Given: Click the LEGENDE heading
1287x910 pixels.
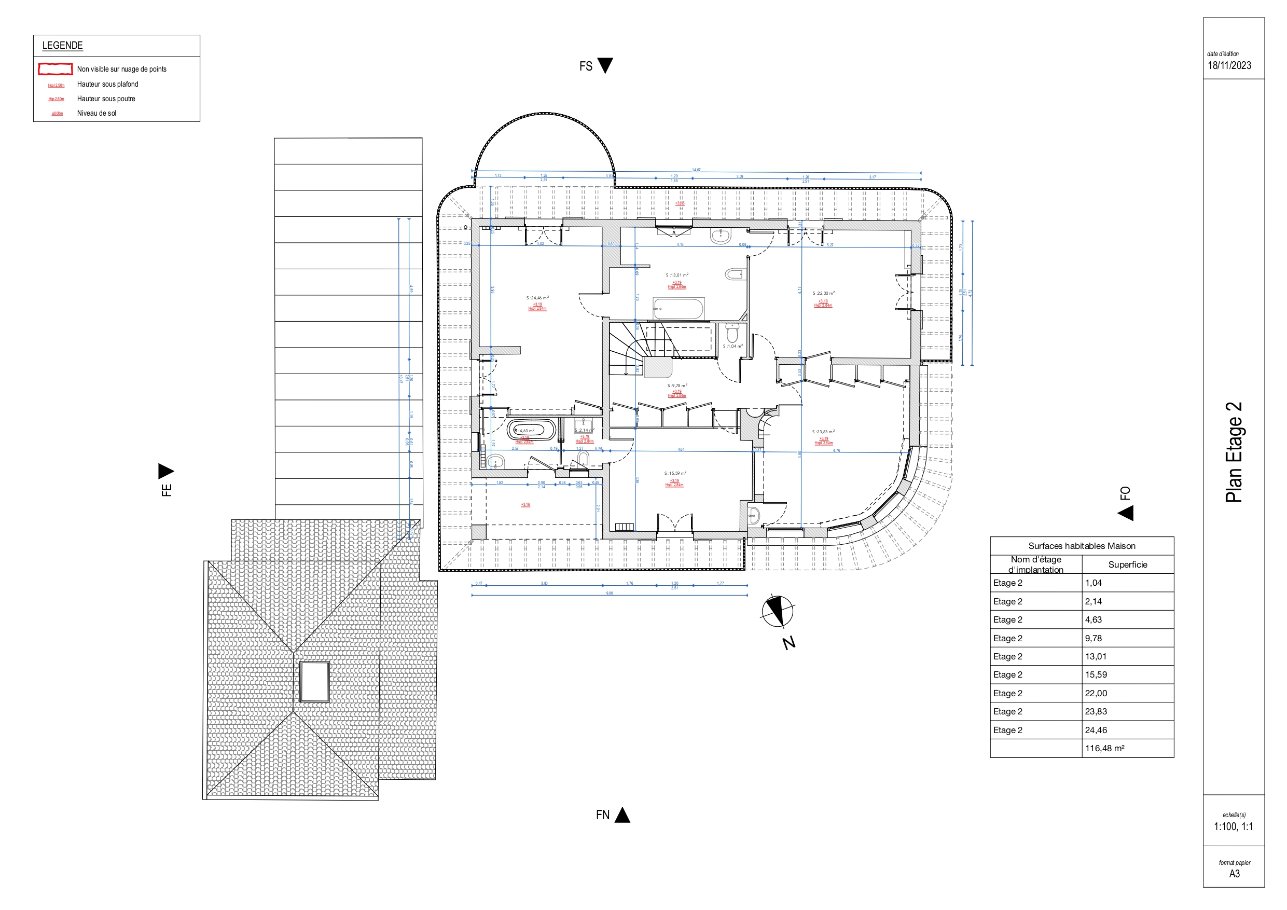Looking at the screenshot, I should click(x=62, y=46).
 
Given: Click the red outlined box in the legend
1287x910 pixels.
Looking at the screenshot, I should click(x=55, y=69).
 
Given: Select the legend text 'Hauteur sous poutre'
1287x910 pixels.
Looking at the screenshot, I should click(x=106, y=99).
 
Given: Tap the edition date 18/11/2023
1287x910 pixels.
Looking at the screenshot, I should click(x=1229, y=65).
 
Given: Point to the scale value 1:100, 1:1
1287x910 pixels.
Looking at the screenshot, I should click(x=1233, y=826).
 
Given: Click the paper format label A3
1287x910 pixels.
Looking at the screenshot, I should click(x=1234, y=874).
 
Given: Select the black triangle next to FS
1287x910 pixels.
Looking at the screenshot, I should click(x=605, y=65).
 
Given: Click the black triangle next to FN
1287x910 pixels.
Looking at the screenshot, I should click(x=622, y=815).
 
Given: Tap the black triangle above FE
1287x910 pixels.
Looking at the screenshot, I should click(x=166, y=471).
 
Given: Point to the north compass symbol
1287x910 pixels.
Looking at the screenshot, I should click(x=777, y=611).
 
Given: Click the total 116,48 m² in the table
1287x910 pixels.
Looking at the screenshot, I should click(x=1104, y=748).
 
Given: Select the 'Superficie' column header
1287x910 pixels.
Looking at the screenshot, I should click(x=1127, y=564).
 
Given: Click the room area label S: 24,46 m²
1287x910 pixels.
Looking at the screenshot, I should click(x=537, y=298).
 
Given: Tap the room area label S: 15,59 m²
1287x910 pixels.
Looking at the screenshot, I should click(x=675, y=473).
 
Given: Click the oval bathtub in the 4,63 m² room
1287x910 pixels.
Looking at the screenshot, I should click(x=531, y=431).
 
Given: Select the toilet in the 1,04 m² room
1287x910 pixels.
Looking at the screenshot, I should click(x=732, y=334).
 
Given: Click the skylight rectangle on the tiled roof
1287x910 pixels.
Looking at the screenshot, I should click(x=314, y=681).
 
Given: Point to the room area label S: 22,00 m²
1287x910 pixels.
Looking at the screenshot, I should click(x=823, y=293).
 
